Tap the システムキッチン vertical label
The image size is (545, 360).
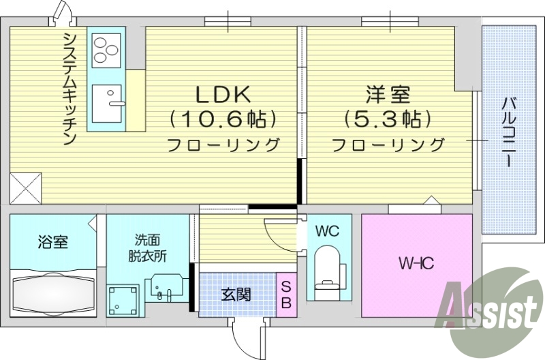point(69,88)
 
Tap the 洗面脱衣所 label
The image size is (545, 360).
point(147,248)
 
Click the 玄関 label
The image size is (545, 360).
point(236,295)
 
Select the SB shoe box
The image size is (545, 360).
point(286,295)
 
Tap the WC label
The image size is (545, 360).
point(327,231)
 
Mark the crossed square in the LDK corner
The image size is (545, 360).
point(25,187)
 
